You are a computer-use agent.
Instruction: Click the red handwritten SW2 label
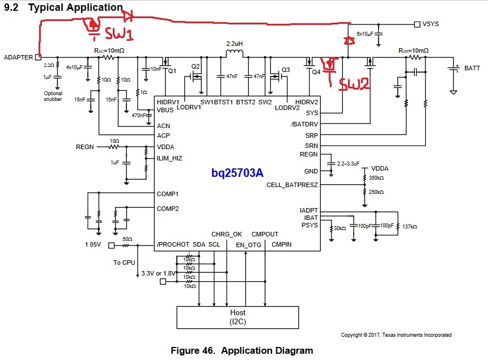coord(354,84)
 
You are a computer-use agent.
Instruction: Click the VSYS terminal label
coord(431,24)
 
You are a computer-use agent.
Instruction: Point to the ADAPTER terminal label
coord(18,57)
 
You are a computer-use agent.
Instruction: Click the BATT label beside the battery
coord(472,69)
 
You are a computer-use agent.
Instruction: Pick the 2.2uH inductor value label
coord(235,44)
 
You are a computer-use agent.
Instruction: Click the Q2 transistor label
coord(196,66)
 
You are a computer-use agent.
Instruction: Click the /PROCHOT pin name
coord(172,244)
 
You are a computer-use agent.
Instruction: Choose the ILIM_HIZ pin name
coord(169,158)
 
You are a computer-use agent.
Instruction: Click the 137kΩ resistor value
coord(409,227)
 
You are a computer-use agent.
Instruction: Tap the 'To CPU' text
coord(124,262)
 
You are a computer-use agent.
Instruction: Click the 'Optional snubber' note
coord(52,96)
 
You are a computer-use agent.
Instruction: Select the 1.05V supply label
coord(95,245)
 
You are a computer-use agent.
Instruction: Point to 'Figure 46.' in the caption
coord(194,350)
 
